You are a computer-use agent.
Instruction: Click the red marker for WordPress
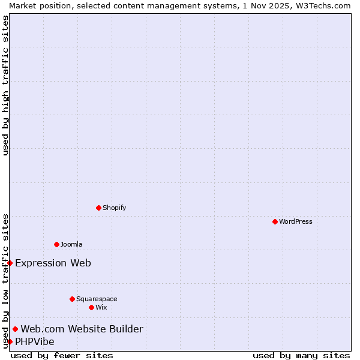click(275, 221)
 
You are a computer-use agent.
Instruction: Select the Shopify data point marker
click(98, 208)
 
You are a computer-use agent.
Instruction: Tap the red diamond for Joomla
click(56, 244)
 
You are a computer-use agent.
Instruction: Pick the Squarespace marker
click(72, 299)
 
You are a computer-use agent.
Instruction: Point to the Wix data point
click(91, 307)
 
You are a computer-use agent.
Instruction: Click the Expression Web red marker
click(10, 263)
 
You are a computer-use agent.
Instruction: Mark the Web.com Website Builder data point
click(15, 329)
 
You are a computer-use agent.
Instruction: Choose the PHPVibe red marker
click(10, 341)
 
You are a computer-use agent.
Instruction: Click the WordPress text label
click(296, 221)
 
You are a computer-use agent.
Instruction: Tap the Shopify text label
click(114, 208)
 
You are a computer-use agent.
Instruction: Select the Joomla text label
click(71, 244)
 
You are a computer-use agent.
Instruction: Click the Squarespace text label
click(97, 299)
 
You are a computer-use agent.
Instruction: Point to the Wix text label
click(101, 307)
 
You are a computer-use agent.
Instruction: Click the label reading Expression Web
click(53, 263)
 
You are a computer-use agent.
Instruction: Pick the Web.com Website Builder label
click(82, 329)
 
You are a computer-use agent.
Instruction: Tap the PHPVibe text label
click(35, 341)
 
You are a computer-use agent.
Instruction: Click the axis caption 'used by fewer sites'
click(62, 355)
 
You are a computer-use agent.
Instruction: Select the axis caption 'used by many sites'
click(301, 355)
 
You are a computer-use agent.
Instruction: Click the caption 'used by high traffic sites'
click(5, 85)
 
